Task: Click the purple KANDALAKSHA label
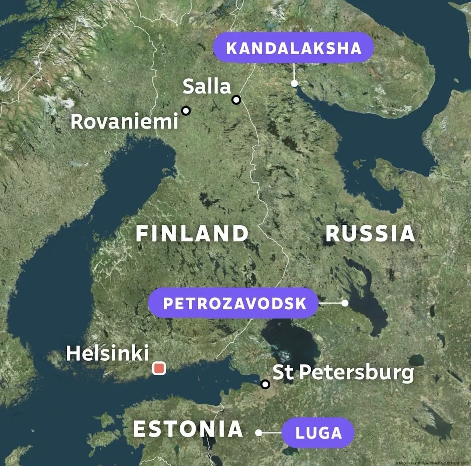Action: pos(293,48)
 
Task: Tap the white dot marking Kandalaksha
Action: pos(295,83)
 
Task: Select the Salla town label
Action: pos(207,87)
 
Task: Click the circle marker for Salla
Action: pos(236,100)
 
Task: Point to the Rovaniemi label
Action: pos(124,121)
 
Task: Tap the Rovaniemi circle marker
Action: pos(186,110)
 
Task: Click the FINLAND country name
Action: pos(192,234)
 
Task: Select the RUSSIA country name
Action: pos(370,234)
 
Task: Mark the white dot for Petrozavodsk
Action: pos(345,303)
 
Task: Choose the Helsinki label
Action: pos(107,354)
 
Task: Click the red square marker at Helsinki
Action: pos(159,368)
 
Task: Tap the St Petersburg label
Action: pos(343,372)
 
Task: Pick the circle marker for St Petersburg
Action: pos(265,384)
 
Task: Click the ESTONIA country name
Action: pos(188,429)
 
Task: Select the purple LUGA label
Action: pos(318,433)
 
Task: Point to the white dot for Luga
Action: pos(259,433)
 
